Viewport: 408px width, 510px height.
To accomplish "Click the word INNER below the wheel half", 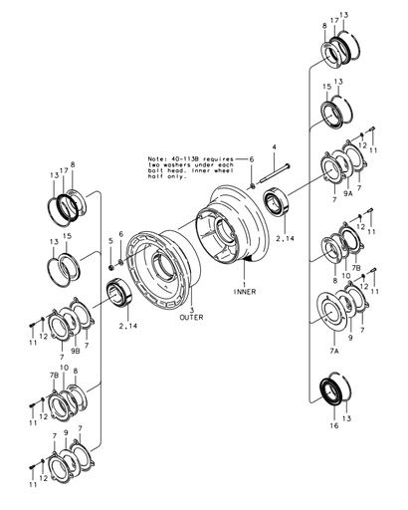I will coord(245,292).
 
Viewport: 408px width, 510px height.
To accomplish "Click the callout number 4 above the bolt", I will coord(274,147).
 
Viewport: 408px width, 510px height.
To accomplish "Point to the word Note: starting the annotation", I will coord(158,158).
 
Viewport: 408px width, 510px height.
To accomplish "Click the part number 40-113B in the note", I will coord(189,158).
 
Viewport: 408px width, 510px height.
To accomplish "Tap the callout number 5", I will coord(109,241).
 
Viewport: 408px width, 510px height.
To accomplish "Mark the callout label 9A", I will coord(348,197).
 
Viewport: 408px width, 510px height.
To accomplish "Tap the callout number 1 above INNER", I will coord(245,283).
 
